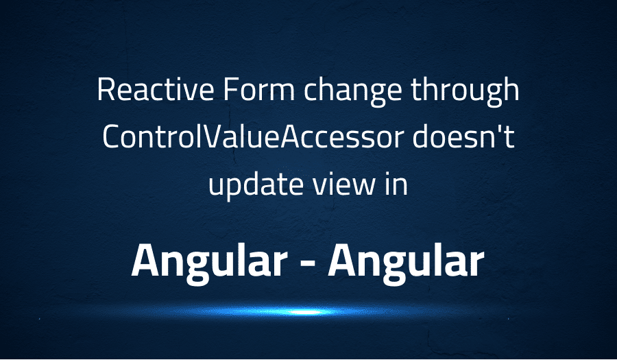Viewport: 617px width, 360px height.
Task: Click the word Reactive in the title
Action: coord(156,90)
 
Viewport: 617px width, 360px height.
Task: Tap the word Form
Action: coord(259,90)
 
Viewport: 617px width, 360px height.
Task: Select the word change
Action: coord(353,92)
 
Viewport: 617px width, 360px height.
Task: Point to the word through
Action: coord(465,92)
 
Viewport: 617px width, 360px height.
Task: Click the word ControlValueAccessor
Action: coord(253,136)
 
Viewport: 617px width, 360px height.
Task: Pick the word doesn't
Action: coord(463,136)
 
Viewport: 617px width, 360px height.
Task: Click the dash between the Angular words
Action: coord(308,265)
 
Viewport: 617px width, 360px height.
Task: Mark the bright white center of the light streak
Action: coord(304,313)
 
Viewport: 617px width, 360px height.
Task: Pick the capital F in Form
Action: coord(230,90)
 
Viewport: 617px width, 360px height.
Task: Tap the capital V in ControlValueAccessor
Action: coord(213,136)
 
